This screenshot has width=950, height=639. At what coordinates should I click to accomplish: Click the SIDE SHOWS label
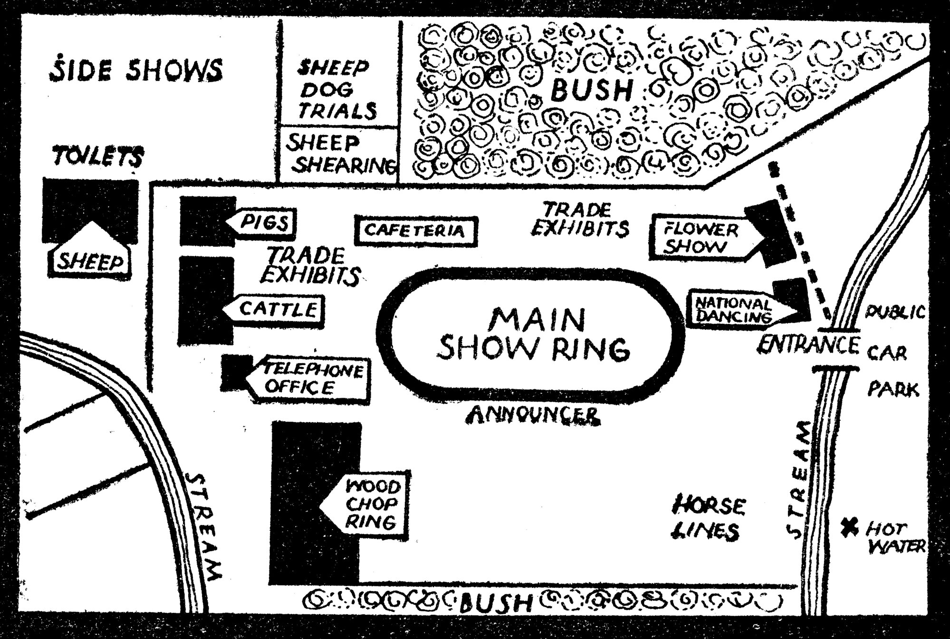pyautogui.click(x=136, y=70)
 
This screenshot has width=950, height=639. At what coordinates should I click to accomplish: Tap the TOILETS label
pyautogui.click(x=98, y=157)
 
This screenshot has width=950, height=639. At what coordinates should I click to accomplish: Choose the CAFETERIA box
pyautogui.click(x=415, y=231)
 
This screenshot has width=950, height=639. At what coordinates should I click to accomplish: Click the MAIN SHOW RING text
pyautogui.click(x=536, y=335)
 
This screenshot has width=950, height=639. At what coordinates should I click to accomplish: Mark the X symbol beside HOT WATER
pyautogui.click(x=849, y=527)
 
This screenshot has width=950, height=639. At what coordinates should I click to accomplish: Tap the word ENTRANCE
pyautogui.click(x=808, y=344)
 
